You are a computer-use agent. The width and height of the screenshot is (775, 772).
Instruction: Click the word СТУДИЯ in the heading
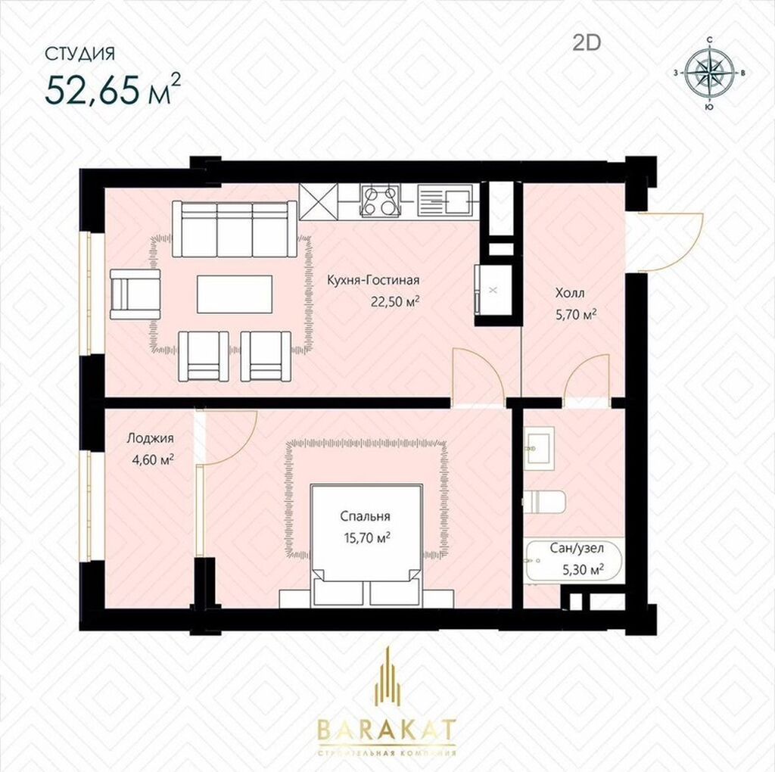coord(80,54)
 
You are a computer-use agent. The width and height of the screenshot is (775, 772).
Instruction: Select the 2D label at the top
coord(587,43)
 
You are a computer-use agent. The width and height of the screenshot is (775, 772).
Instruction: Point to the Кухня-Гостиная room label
coord(373,280)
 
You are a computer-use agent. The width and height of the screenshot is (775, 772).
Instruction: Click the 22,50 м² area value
coord(396,301)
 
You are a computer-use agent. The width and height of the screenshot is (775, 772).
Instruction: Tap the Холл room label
coord(570,293)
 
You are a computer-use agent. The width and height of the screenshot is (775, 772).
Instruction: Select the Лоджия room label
coord(151,438)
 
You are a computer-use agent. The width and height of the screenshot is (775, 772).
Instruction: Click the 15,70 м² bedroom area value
coord(368,537)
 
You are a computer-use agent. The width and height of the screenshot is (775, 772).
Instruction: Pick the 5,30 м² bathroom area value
coord(584,570)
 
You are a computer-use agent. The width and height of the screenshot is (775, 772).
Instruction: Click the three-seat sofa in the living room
coord(235,229)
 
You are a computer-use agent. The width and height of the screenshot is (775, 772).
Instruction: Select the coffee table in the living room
coord(235,294)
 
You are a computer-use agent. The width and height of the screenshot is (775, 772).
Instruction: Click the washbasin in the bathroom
coord(539,448)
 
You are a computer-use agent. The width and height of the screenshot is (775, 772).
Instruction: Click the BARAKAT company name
coord(387,729)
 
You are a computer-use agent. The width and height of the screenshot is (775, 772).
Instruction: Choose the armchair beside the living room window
coord(135,294)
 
